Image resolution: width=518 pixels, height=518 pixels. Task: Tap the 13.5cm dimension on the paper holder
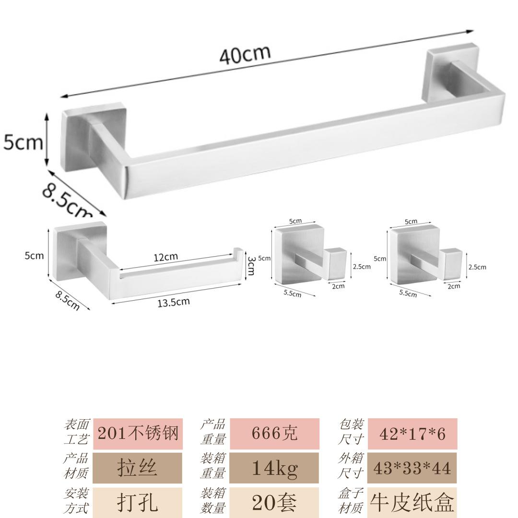click(174, 302)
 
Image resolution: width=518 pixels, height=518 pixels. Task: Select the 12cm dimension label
click(165, 257)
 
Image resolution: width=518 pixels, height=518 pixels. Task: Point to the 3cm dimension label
click(251, 266)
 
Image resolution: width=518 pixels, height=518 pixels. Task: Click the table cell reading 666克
click(274, 434)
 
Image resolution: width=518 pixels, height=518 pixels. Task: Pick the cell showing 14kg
click(274, 468)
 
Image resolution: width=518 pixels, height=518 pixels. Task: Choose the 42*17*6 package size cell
click(412, 434)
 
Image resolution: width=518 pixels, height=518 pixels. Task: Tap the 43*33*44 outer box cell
click(412, 468)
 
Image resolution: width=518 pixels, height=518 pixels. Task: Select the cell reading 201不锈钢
click(138, 434)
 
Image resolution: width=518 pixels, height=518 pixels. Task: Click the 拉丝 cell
click(137, 468)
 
